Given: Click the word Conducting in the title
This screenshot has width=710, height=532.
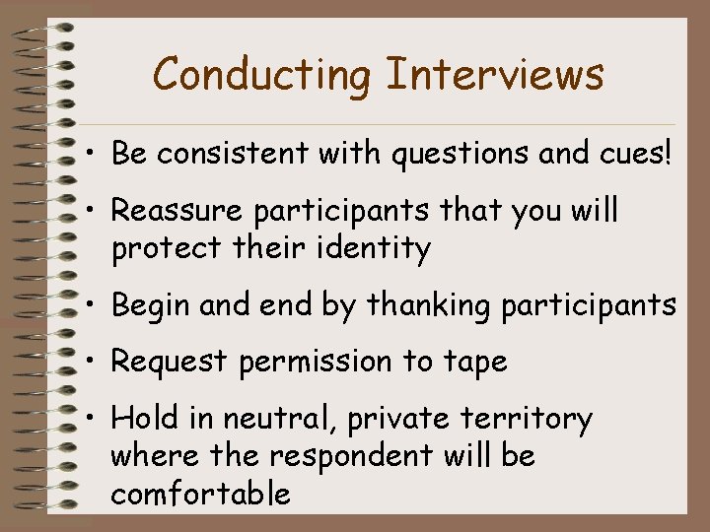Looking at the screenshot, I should [261, 74].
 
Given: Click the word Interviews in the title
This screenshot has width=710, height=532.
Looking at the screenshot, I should [496, 74].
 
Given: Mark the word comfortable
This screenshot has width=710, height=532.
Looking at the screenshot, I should [201, 493].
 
